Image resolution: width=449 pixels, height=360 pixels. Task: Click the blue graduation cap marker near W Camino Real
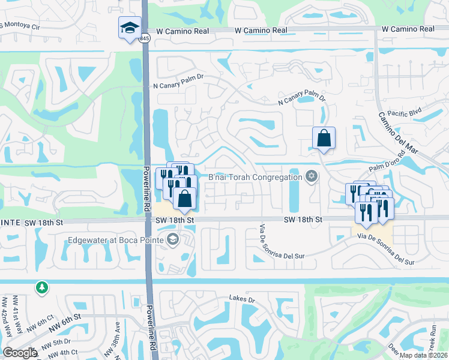tap(130, 28)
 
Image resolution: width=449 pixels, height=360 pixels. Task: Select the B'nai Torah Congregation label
tap(255, 177)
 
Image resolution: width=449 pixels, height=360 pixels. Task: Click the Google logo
tap(20, 353)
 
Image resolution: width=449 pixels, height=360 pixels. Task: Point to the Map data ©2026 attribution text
tap(423, 355)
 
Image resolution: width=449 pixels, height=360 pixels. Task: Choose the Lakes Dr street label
tap(242, 298)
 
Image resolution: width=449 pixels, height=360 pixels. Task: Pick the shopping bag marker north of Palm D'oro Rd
tap(324, 138)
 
